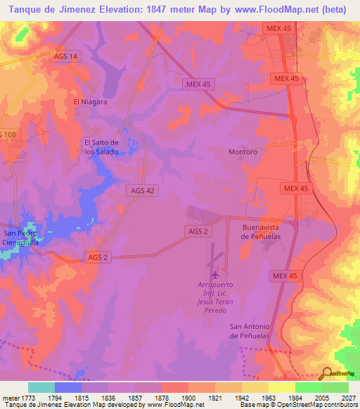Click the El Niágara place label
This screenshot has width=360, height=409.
point(90,101)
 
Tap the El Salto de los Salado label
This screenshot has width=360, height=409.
point(101,147)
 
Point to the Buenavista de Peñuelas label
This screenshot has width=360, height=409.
point(262,232)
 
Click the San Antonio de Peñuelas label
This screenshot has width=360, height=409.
point(253,331)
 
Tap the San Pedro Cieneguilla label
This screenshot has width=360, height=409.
point(20,238)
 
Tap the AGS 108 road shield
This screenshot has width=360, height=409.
point(8,134)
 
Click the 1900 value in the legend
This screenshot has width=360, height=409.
point(189,398)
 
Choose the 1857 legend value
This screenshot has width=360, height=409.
point(136,398)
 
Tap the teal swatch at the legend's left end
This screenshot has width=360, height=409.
point(41,387)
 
